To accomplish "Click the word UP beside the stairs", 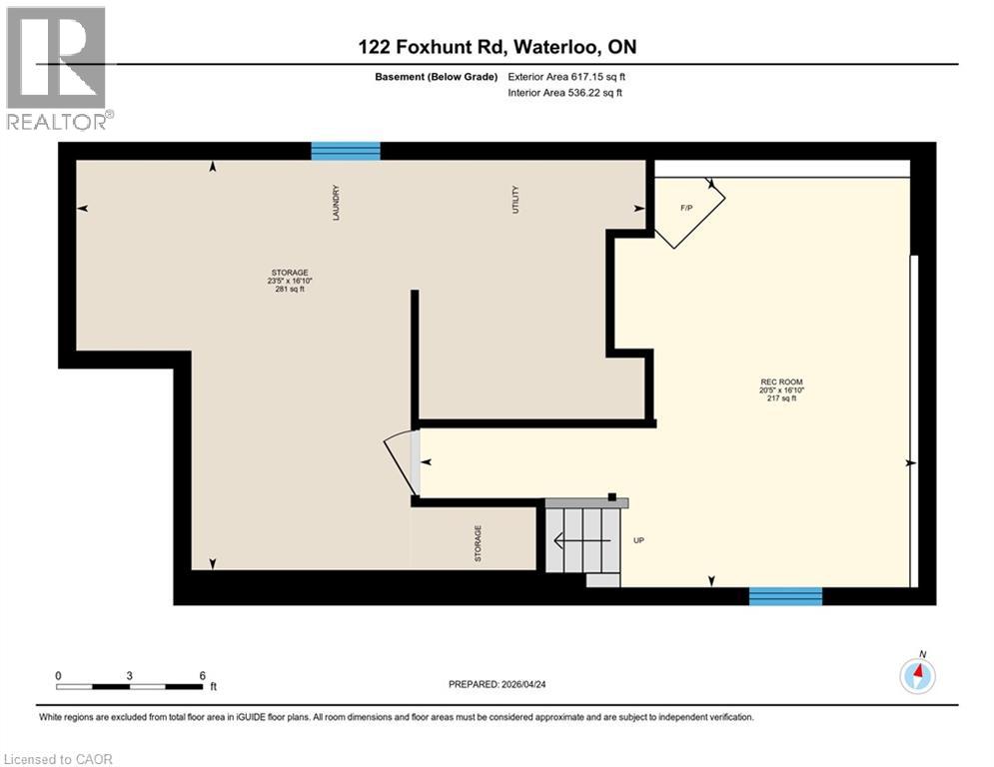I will click(639, 540).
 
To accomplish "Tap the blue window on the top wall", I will click(346, 151).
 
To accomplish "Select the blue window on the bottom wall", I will click(785, 596).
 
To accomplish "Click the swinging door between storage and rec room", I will click(404, 461).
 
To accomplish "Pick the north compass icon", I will click(917, 676).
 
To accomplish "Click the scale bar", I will click(130, 686).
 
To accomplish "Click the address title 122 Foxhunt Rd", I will click(497, 47).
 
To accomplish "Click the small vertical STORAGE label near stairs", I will click(478, 543).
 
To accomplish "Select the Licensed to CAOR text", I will click(59, 759).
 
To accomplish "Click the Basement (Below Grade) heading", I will click(431, 77).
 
